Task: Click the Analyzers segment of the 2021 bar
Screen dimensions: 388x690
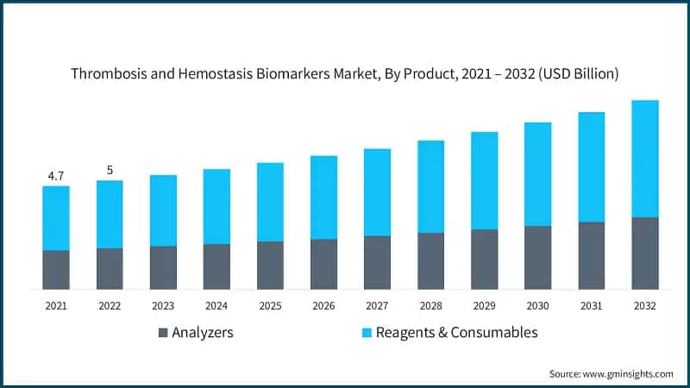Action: click(56, 269)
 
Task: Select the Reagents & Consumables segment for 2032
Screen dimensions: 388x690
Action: click(644, 159)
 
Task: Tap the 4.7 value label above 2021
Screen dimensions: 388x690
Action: click(56, 176)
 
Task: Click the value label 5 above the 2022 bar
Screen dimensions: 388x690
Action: click(110, 170)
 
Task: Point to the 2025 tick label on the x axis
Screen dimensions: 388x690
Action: click(270, 306)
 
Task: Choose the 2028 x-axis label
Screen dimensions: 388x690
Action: click(430, 306)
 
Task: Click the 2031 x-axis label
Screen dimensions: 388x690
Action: click(591, 306)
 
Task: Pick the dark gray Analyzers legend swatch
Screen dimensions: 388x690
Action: click(163, 333)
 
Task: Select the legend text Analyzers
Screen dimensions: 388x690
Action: click(203, 333)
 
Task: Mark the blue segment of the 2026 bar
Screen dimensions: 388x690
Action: click(323, 197)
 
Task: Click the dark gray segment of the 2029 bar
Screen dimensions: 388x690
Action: click(484, 259)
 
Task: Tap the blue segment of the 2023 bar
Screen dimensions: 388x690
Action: click(163, 210)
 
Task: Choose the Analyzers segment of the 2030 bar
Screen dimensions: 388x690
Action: click(537, 257)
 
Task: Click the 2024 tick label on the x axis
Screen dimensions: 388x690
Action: click(216, 306)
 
